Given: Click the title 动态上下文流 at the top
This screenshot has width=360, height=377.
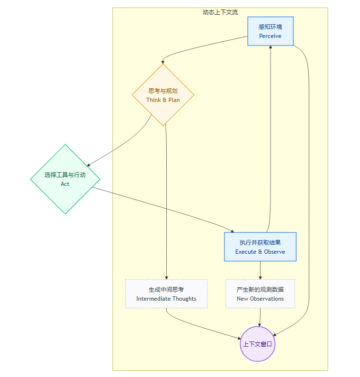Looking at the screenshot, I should coord(220,12).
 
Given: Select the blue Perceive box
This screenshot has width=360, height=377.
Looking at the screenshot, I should coord(270,31).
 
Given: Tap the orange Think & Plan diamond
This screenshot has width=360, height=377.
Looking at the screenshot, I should coord(163,95).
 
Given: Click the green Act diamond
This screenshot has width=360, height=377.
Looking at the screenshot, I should coord(65,179).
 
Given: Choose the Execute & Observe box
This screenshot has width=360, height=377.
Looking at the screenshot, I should coord(260,247).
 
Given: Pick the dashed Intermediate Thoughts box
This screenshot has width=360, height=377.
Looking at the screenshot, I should coord(166,294).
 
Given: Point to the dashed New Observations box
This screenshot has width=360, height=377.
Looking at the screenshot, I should coord(260,294).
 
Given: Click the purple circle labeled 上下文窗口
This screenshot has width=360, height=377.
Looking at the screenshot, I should coord(258,344).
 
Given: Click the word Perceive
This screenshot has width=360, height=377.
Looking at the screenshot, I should coord(270,36).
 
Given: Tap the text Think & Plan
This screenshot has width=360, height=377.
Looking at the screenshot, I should coord(163,100).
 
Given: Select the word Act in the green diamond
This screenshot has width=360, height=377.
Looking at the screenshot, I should coord(65,184).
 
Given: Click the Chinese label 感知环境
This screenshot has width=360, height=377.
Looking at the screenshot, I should coord(270,27).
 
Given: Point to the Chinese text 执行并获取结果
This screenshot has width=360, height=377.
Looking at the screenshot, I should coord(260,242).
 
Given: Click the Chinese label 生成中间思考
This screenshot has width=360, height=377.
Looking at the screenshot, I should coord(166,289).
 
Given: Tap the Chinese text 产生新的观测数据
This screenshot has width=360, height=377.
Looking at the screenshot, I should coord(260,289).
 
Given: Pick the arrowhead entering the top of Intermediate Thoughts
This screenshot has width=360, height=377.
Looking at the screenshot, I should coord(166,277).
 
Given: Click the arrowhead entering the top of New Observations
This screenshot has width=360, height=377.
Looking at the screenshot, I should coord(260,277).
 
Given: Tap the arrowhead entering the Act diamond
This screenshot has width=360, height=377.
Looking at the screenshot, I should coord(89,165).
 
